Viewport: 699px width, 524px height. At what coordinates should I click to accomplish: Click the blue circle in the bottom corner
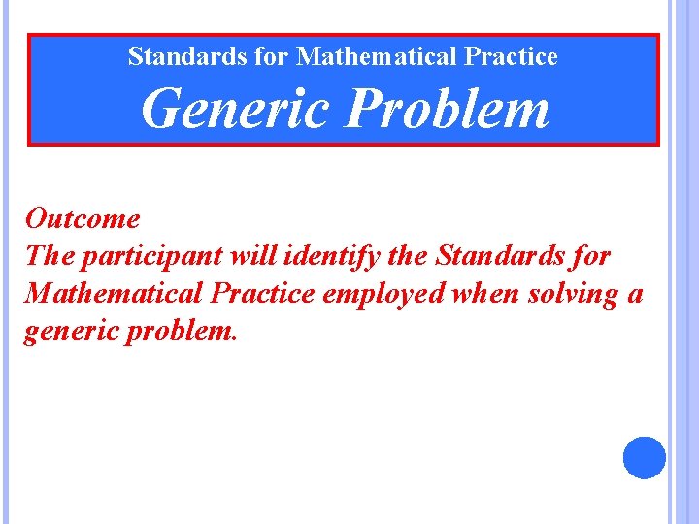click(x=645, y=458)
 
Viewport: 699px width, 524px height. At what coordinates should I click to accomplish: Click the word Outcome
click(x=83, y=219)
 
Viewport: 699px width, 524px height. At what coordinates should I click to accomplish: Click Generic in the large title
click(x=235, y=109)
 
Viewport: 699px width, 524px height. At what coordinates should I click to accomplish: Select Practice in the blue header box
click(x=511, y=57)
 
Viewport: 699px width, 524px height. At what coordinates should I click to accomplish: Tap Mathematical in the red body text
click(x=116, y=293)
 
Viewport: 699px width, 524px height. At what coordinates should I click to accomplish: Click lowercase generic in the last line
click(x=67, y=330)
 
